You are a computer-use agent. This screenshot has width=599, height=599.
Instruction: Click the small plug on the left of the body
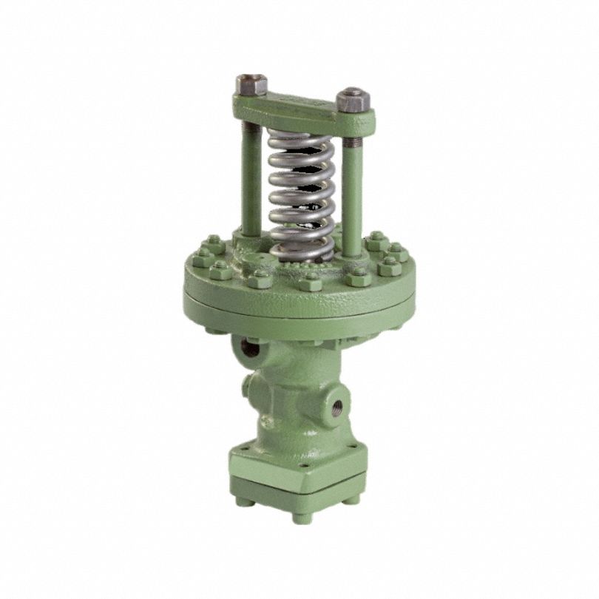(x=248, y=386)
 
